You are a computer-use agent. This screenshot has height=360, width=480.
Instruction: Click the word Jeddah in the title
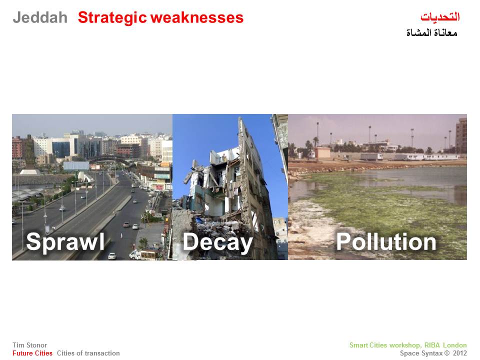click(x=40, y=17)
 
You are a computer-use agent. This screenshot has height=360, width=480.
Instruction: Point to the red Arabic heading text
click(x=440, y=16)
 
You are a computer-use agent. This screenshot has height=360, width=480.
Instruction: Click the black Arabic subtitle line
click(x=432, y=32)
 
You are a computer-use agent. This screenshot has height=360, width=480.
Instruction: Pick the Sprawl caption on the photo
click(x=65, y=242)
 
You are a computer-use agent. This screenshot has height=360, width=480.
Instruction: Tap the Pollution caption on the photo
click(x=386, y=242)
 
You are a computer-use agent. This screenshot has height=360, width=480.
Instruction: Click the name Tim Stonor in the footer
click(x=29, y=345)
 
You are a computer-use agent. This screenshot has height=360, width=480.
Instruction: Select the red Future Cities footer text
click(x=32, y=353)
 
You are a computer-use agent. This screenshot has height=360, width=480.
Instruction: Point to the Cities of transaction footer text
click(x=88, y=353)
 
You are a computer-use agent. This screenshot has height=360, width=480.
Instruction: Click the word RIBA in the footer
click(x=432, y=345)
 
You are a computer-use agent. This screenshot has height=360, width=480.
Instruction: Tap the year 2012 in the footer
click(x=460, y=353)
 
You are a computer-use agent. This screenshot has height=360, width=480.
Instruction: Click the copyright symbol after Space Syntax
click(x=447, y=353)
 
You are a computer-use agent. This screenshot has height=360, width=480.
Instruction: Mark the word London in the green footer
click(x=455, y=345)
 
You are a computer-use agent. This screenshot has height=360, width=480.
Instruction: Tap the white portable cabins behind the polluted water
click(x=410, y=156)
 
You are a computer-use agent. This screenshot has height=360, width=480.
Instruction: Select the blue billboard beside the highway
click(x=76, y=166)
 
